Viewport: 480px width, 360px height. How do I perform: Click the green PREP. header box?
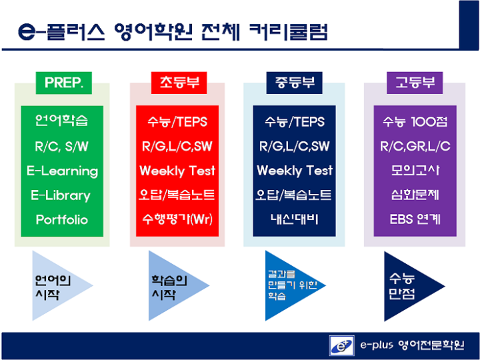[x=64, y=83]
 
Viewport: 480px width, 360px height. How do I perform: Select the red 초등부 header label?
[x=179, y=83]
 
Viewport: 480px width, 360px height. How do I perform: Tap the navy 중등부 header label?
[x=294, y=83]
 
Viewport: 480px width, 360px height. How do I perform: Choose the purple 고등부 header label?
[x=415, y=83]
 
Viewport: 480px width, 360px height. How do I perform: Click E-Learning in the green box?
[x=62, y=171]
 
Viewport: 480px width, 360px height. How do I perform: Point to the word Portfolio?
[x=62, y=219]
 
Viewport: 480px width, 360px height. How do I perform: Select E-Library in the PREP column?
[x=61, y=195]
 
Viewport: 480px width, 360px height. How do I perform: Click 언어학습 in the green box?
[x=61, y=120]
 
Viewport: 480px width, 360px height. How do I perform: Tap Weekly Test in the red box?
[x=177, y=171]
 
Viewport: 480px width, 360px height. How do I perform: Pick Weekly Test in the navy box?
[x=295, y=171]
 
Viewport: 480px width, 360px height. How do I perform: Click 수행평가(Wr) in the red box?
[x=177, y=219]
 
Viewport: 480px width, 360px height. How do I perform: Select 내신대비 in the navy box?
[x=294, y=219]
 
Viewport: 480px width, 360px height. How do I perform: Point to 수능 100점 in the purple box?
[x=415, y=122]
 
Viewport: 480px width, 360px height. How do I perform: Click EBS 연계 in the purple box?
[x=415, y=219]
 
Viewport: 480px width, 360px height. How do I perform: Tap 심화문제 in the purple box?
[x=415, y=195]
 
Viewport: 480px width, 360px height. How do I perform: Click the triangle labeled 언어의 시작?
[x=58, y=285]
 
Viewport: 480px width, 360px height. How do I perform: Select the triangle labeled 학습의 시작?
[x=175, y=285]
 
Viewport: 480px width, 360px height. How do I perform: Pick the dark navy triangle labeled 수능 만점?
[x=410, y=287]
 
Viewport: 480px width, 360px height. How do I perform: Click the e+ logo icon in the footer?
[x=341, y=345]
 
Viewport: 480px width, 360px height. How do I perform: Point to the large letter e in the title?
[x=27, y=32]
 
